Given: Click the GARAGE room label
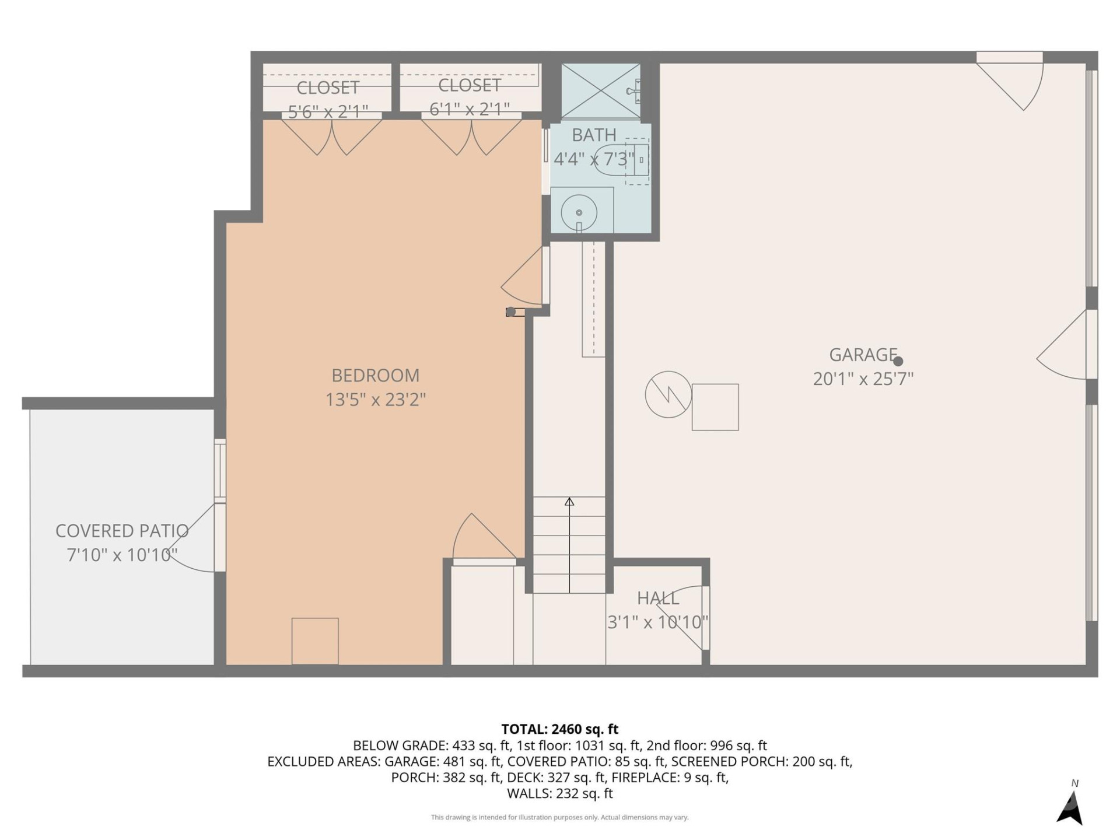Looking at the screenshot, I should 862,355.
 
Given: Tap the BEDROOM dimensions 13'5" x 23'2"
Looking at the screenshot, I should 375,400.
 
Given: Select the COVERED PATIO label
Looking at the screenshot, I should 121,531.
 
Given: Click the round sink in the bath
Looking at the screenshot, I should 579,213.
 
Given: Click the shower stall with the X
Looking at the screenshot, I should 600,92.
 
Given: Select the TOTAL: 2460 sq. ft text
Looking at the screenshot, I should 559,729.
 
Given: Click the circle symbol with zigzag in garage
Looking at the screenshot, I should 668,394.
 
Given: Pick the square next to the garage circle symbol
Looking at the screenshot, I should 715,407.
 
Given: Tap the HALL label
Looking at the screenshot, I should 657,598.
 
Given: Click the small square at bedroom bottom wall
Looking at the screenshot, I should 315,640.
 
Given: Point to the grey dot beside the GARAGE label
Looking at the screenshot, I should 898,362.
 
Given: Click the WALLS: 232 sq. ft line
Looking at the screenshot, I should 559,793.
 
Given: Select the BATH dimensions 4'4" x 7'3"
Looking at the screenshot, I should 593,159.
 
